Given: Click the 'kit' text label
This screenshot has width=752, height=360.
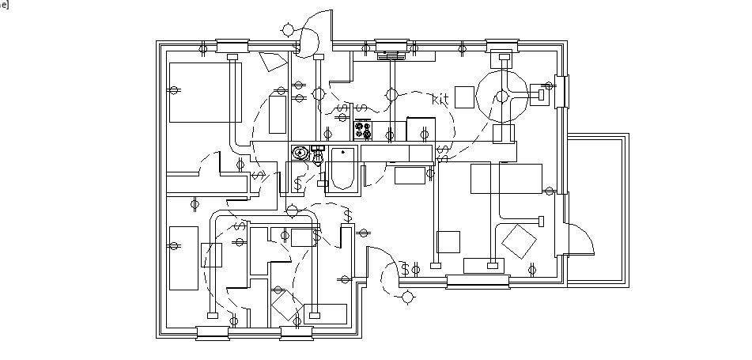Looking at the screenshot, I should click(x=440, y=99).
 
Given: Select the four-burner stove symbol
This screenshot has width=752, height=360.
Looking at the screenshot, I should click(x=363, y=129).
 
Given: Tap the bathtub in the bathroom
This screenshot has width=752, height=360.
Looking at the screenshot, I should click(x=342, y=169).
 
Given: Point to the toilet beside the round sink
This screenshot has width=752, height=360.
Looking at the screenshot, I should click(x=318, y=153).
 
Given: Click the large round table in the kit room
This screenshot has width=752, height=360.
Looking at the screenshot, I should click(x=501, y=97).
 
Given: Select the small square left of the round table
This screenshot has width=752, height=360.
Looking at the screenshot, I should click(x=465, y=97).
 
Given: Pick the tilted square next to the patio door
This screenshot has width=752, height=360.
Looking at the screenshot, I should click(x=520, y=242).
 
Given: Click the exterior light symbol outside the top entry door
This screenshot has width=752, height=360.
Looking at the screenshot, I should click(x=286, y=31).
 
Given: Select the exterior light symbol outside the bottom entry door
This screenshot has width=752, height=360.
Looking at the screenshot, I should click(x=408, y=297).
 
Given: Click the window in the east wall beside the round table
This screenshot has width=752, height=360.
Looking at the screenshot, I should click(x=561, y=90).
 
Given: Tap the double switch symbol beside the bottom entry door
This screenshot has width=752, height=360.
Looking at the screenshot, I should click(x=410, y=270).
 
